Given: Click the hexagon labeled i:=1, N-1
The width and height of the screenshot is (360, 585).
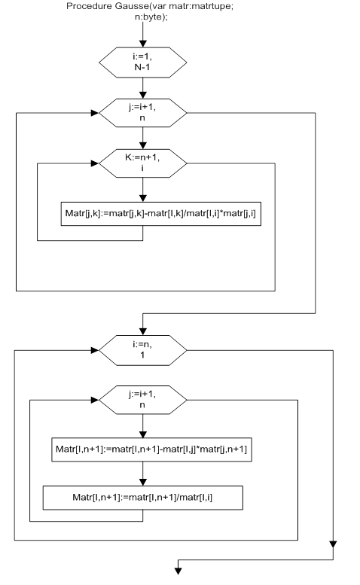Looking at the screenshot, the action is [x=142, y=62].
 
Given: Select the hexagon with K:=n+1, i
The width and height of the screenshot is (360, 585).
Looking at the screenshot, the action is [x=142, y=163].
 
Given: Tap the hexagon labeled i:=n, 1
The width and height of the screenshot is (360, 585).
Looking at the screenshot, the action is [x=142, y=350].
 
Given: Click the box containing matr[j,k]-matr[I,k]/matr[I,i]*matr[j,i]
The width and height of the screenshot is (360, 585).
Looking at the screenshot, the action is [x=160, y=214].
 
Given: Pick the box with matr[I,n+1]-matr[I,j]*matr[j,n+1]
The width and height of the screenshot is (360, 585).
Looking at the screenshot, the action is [x=151, y=449].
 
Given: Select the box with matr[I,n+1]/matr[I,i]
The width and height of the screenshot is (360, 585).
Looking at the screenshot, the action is [x=143, y=498].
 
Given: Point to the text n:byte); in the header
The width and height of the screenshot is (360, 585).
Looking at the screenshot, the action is [x=151, y=17].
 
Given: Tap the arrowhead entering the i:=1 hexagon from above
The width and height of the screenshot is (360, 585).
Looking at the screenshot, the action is [x=142, y=43].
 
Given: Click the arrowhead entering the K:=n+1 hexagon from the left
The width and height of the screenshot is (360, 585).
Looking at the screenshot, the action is [x=95, y=163].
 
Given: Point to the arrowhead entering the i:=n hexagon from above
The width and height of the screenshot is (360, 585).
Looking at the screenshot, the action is [x=142, y=331].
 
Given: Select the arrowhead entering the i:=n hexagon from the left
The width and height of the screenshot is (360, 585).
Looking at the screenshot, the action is [x=95, y=350].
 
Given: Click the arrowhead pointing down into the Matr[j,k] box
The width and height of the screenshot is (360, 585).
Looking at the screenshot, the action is [x=142, y=198].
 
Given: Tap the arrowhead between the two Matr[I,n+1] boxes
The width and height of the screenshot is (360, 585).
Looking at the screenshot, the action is [x=142, y=482].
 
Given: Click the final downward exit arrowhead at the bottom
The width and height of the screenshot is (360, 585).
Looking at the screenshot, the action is [x=178, y=571].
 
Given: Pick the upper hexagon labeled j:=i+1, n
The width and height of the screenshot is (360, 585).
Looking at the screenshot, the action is [x=142, y=113].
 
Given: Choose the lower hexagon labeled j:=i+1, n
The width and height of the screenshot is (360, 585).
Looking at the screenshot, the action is [x=142, y=400].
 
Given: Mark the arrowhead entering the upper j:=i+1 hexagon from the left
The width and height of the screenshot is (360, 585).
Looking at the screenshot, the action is [x=95, y=113].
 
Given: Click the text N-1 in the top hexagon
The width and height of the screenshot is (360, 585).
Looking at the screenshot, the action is [x=142, y=67].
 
